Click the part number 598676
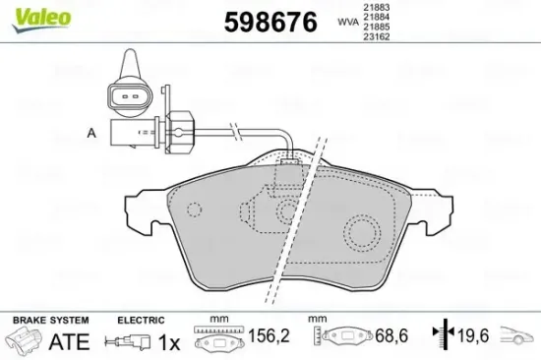[x=271, y=22]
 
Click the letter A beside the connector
[x=91, y=132]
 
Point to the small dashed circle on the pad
[x=194, y=210]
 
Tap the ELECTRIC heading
[x=140, y=321]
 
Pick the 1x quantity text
[x=171, y=342]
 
